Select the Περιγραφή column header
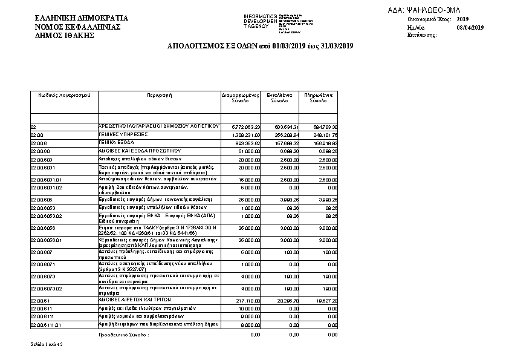[160, 96]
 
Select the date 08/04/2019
[470, 28]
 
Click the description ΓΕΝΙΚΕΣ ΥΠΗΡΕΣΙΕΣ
[124, 134]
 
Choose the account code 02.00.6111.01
[46, 326]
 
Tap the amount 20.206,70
[283, 300]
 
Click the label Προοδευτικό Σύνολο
[123, 334]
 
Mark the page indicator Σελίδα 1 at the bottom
[47, 344]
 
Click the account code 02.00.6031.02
[46, 188]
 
